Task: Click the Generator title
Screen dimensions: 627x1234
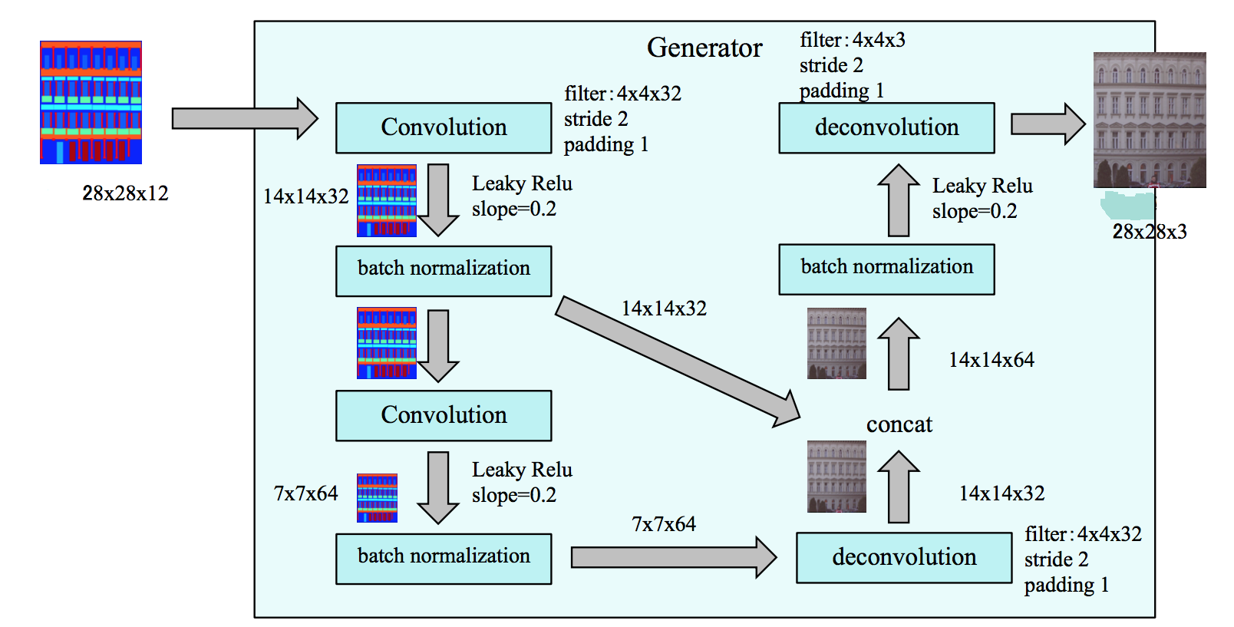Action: tap(704, 48)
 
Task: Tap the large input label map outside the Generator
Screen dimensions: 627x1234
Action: tap(91, 102)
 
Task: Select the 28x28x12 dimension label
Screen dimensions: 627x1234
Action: tap(125, 193)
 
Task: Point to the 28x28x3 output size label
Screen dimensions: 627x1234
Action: tap(1149, 232)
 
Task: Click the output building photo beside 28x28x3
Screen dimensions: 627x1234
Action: tap(1149, 120)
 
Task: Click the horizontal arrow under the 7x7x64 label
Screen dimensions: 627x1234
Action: tap(674, 557)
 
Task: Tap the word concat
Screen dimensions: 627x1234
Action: tap(899, 424)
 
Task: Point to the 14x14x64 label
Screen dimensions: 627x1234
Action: tap(991, 360)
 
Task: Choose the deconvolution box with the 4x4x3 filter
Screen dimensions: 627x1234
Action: tap(886, 128)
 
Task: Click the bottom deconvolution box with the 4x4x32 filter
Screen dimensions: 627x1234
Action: tap(903, 558)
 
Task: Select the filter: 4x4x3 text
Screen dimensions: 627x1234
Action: tap(852, 40)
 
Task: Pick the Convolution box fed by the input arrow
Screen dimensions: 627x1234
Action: tap(444, 128)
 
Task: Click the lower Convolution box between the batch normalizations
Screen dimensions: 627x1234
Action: tap(444, 416)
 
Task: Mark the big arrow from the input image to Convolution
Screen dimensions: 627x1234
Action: tap(244, 119)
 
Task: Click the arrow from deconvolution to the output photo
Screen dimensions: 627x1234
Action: tap(1047, 124)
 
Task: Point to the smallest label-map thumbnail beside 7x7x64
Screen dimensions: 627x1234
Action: tap(377, 498)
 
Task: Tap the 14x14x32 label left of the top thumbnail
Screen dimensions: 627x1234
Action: tap(305, 196)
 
